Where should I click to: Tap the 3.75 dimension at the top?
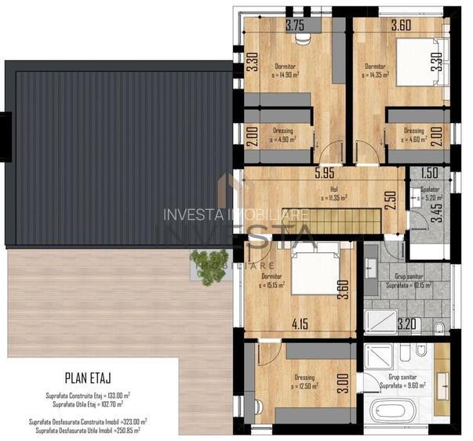click(x=295, y=25)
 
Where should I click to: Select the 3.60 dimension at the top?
click(x=380, y=25)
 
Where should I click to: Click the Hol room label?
click(x=333, y=190)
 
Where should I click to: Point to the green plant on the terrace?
click(x=210, y=262)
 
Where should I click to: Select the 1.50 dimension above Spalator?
click(x=428, y=174)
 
